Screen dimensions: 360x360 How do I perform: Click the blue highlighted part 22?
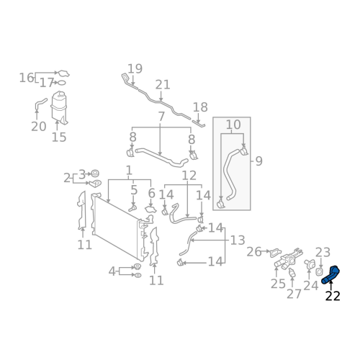[330, 275]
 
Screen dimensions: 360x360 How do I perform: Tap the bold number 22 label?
[333, 296]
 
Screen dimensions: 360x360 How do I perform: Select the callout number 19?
[135, 68]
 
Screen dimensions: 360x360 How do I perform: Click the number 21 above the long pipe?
[163, 85]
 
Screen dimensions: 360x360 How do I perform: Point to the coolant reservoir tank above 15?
[59, 107]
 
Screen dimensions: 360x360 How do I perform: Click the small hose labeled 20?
[40, 104]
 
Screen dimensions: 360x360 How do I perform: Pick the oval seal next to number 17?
[62, 83]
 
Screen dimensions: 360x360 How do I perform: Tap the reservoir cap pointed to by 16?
[64, 73]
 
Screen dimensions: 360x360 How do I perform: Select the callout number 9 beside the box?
[258, 161]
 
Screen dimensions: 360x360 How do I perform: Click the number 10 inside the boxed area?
[233, 125]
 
